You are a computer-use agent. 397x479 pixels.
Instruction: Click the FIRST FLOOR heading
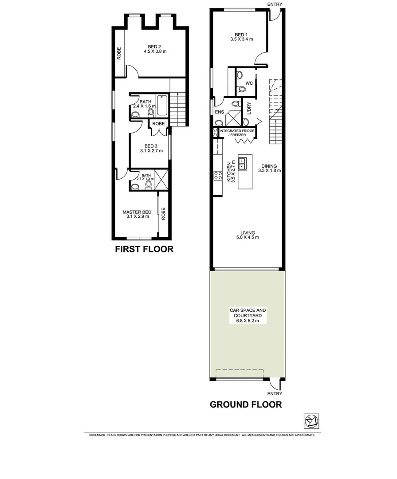(x=144, y=249)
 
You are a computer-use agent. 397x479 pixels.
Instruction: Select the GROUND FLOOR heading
(x=245, y=404)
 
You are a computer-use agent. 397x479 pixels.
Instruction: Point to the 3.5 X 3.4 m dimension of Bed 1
(x=241, y=39)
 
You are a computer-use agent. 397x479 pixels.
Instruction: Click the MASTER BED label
(x=137, y=212)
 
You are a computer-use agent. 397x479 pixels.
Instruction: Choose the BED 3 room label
(x=151, y=146)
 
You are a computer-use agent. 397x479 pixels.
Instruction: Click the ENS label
(x=219, y=112)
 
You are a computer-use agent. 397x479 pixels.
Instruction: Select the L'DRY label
(x=249, y=109)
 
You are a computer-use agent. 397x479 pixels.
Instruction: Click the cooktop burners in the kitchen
(x=217, y=176)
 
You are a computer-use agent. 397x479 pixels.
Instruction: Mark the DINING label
(x=269, y=166)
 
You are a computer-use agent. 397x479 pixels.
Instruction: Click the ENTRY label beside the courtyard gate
(x=275, y=393)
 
